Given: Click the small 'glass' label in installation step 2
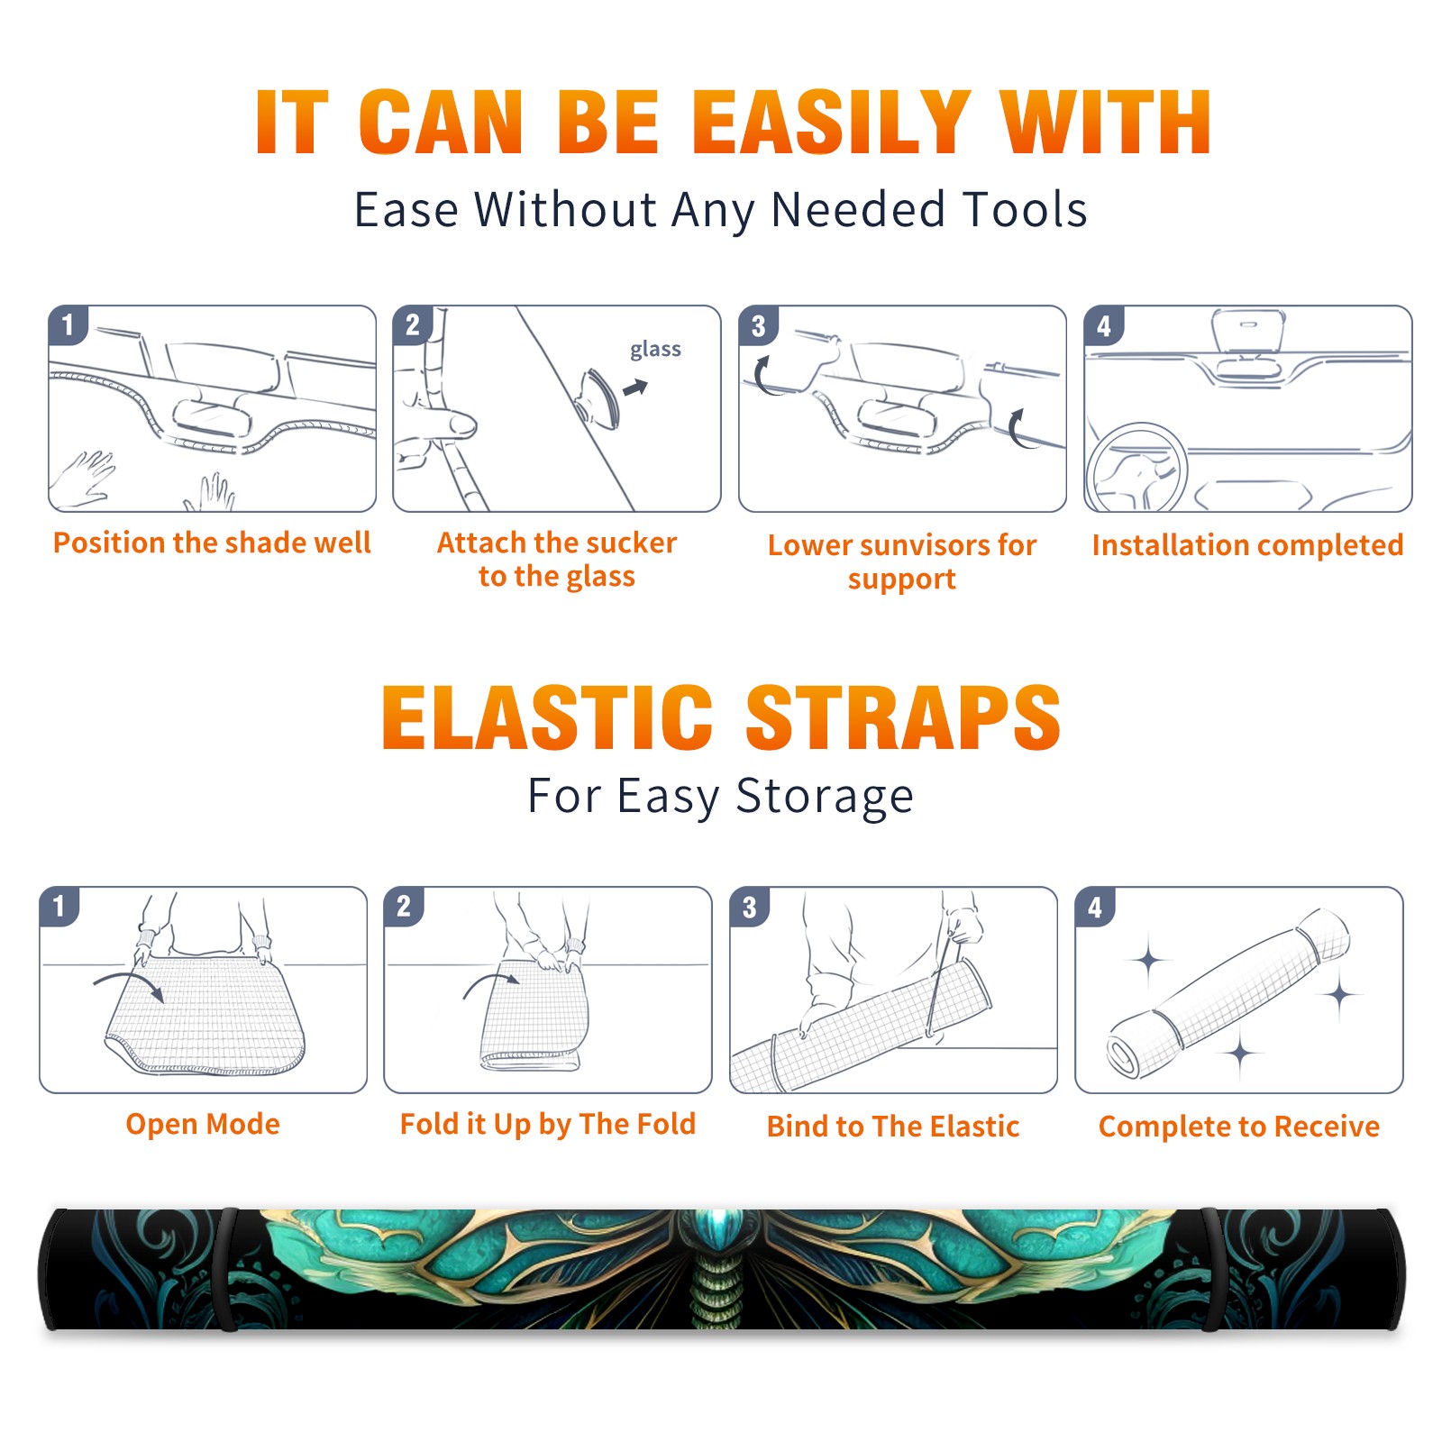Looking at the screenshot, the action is pyautogui.click(x=655, y=350).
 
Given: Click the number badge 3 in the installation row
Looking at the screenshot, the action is pyautogui.click(x=758, y=326).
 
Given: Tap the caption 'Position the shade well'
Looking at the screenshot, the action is pyautogui.click(x=212, y=543).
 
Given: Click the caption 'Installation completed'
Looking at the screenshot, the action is pyautogui.click(x=1247, y=544).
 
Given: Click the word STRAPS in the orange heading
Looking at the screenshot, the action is pyautogui.click(x=903, y=717).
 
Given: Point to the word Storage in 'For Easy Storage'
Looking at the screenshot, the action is pyautogui.click(x=825, y=797).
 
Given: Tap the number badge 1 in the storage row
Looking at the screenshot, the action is pyautogui.click(x=59, y=907).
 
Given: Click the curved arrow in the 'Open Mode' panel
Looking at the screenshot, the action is pyautogui.click(x=130, y=983).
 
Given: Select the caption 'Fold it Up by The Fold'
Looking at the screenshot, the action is pyautogui.click(x=548, y=1124).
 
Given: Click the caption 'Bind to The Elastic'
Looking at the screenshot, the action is pyautogui.click(x=893, y=1126).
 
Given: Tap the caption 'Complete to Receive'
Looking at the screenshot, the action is pyautogui.click(x=1239, y=1126).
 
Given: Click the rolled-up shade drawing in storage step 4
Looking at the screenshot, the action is pyautogui.click(x=1228, y=993).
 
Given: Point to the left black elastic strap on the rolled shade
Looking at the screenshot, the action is pyautogui.click(x=227, y=1270).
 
